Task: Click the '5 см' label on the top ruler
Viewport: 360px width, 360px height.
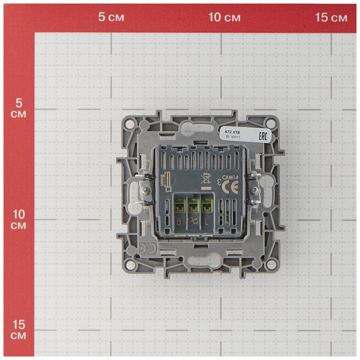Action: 111,17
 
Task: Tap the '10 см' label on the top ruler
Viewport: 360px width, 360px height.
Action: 224,17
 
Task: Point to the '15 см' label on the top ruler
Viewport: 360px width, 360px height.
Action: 331,17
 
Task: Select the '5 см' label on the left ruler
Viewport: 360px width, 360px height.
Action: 18,108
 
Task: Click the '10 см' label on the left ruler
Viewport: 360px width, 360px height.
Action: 18,220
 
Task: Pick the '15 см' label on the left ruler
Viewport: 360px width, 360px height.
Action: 18,330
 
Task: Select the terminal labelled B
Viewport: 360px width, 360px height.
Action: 180,206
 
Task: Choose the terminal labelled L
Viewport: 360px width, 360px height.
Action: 206,206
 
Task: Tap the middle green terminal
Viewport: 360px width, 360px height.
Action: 193,206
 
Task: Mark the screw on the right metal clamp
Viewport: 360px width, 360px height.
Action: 253,191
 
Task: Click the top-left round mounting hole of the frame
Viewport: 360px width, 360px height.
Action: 130,124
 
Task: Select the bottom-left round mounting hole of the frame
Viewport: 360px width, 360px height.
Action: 131,264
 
